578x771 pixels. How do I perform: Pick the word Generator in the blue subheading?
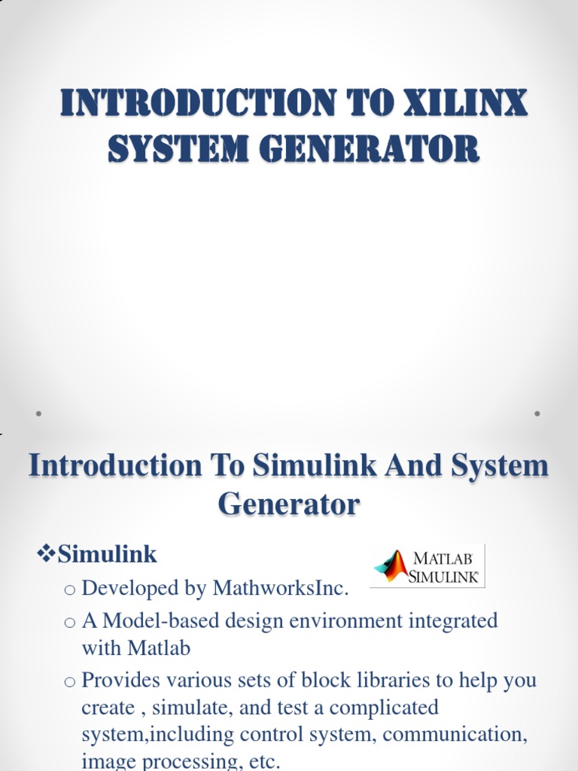pyautogui.click(x=289, y=503)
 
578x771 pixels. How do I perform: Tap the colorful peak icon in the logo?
pyautogui.click(x=391, y=566)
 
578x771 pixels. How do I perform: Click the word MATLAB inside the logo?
pyautogui.click(x=444, y=559)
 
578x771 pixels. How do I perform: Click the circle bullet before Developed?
pyautogui.click(x=70, y=590)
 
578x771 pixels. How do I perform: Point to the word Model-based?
pyautogui.click(x=156, y=621)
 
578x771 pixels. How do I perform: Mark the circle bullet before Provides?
pyautogui.click(x=70, y=681)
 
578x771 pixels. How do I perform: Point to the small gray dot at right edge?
pyautogui.click(x=537, y=413)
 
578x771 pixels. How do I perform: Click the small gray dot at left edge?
pyautogui.click(x=38, y=413)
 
